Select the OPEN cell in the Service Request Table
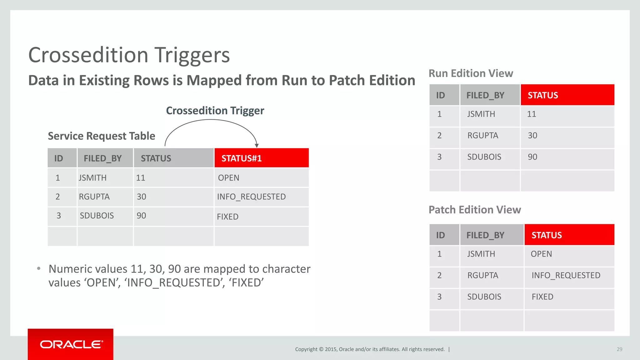tap(228, 178)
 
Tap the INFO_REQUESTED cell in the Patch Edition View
tap(566, 275)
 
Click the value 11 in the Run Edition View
tap(531, 114)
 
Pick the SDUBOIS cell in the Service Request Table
tap(97, 216)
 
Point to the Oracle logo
tap(71, 344)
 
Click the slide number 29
tap(619, 349)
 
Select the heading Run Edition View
tap(471, 73)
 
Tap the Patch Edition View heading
tap(474, 210)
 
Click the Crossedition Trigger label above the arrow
tap(215, 111)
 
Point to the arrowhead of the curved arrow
tap(257, 145)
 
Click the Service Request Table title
tap(101, 136)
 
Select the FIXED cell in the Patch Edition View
tap(542, 297)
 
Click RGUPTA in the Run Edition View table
tap(482, 136)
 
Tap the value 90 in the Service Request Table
tap(141, 216)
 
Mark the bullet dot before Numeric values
tap(39, 268)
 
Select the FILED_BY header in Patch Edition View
tap(485, 235)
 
